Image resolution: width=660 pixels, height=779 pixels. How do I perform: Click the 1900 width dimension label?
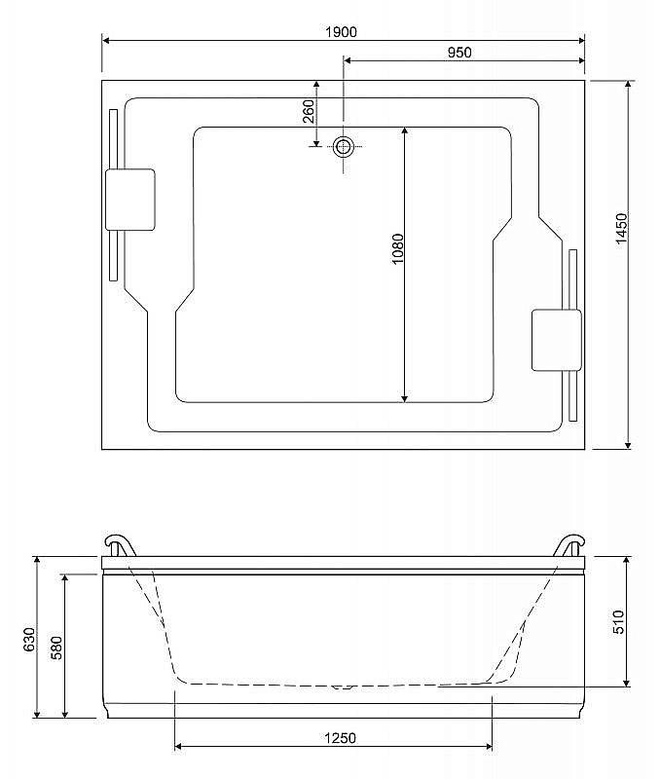coord(342,31)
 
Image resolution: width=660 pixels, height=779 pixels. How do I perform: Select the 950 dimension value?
coord(459,53)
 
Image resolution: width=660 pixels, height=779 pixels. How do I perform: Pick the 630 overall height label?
coord(29,638)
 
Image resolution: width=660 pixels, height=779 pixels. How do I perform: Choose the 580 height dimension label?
coord(56,647)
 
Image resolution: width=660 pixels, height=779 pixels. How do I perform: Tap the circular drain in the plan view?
coord(343,147)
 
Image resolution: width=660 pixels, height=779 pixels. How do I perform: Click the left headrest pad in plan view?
coord(129,200)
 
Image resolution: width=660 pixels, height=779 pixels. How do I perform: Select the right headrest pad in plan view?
coord(556,340)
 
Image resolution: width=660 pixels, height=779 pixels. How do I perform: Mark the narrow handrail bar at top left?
coord(114,195)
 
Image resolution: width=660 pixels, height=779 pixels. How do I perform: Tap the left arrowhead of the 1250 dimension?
coord(180,748)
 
